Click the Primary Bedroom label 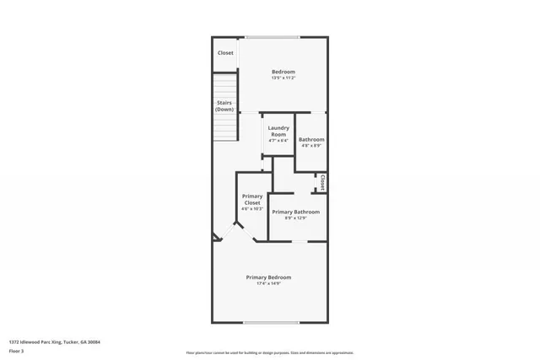pyautogui.click(x=268, y=277)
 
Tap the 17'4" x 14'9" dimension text pyautogui.click(x=268, y=283)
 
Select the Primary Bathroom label pyautogui.click(x=295, y=212)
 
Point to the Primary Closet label pyautogui.click(x=252, y=200)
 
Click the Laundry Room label pyautogui.click(x=278, y=132)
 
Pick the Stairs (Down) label pyautogui.click(x=224, y=106)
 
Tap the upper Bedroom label pyautogui.click(x=283, y=73)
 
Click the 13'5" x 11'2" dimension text pyautogui.click(x=283, y=78)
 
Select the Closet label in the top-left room pyautogui.click(x=225, y=53)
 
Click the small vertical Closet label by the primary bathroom pyautogui.click(x=322, y=182)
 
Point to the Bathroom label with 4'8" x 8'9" pyautogui.click(x=311, y=139)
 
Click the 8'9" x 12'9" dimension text pyautogui.click(x=295, y=218)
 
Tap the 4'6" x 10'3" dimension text pyautogui.click(x=252, y=208)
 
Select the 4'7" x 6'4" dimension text pyautogui.click(x=278, y=141)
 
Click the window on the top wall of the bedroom pyautogui.click(x=272, y=36)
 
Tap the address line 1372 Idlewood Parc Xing pyautogui.click(x=55, y=341)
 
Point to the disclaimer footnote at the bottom pyautogui.click(x=270, y=352)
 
